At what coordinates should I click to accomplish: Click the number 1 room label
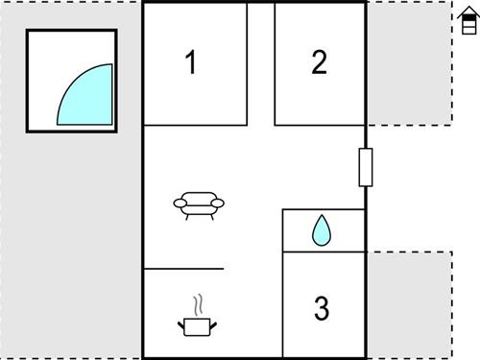191,63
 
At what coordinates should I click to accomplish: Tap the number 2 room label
319,62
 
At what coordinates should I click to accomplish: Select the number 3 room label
322,309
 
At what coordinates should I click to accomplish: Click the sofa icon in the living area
199,204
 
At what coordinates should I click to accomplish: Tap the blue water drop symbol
322,230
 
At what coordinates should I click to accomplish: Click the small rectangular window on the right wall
365,168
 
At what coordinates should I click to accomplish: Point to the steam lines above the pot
199,305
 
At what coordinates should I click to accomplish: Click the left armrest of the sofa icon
180,203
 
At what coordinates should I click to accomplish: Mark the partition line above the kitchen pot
183,269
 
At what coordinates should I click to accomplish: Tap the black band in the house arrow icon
468,20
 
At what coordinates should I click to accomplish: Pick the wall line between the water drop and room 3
324,252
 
